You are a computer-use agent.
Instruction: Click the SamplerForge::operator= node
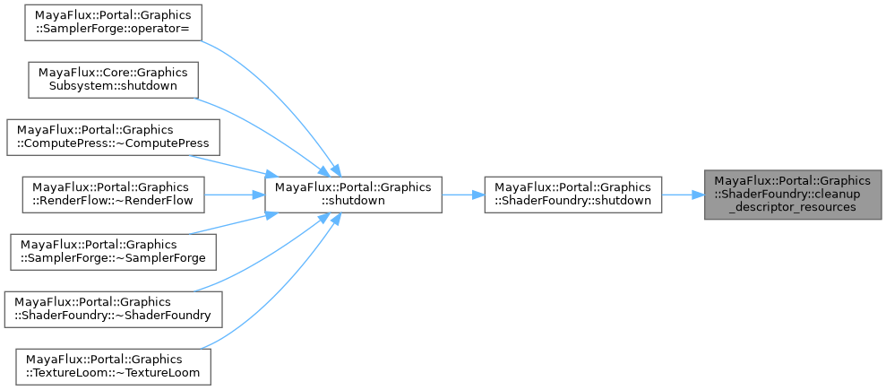tap(104, 23)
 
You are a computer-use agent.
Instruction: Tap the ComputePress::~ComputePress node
tap(113, 135)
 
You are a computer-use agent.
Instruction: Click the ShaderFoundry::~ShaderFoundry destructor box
tap(113, 308)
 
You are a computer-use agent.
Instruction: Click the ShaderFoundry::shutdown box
tap(572, 194)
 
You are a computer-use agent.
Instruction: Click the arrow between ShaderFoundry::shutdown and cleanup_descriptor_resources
tap(683, 194)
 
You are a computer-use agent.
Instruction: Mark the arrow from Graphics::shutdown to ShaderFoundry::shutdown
tap(462, 194)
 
